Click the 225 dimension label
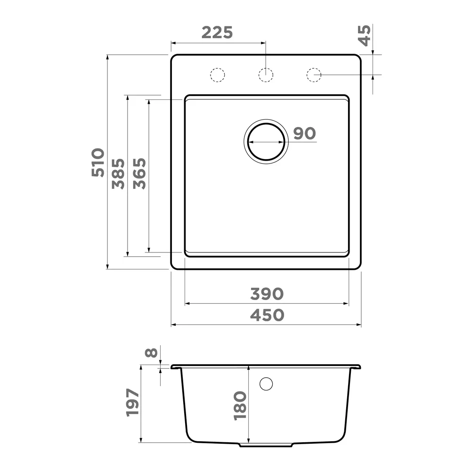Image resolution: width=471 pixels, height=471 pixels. pyautogui.click(x=217, y=33)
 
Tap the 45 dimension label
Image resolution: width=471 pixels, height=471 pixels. pyautogui.click(x=365, y=35)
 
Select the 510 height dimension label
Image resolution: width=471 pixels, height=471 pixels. pyautogui.click(x=98, y=162)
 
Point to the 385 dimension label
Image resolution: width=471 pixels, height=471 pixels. pyautogui.click(x=118, y=174)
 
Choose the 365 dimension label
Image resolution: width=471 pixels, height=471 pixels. pyautogui.click(x=139, y=174)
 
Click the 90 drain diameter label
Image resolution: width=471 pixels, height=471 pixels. pyautogui.click(x=304, y=133)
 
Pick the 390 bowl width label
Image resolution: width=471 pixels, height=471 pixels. pyautogui.click(x=267, y=294)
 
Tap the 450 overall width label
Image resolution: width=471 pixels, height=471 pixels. pyautogui.click(x=267, y=315)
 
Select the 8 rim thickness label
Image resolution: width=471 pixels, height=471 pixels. pyautogui.click(x=151, y=352)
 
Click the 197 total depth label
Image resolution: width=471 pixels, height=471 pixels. pyautogui.click(x=133, y=403)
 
